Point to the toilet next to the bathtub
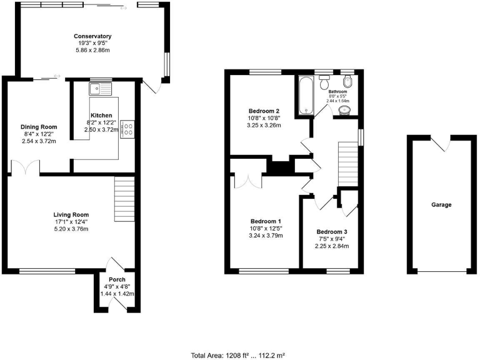324,84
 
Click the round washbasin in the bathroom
343,110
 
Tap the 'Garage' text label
441,204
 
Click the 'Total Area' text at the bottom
239,355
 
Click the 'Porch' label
117,279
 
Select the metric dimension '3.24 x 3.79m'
266,236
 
